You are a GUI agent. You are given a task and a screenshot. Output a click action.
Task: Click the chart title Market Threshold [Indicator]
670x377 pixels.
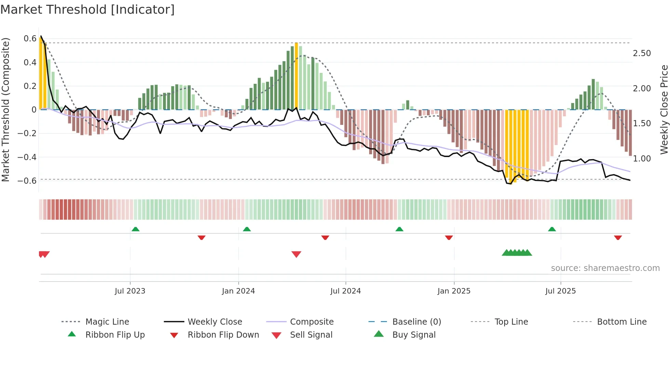88,10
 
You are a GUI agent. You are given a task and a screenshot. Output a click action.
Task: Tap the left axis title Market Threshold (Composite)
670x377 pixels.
5,109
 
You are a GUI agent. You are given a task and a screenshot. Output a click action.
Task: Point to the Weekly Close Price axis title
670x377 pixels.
664,109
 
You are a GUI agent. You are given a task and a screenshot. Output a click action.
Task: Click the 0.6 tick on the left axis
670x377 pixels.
30,39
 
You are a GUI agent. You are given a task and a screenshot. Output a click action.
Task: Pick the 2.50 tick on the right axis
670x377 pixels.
642,53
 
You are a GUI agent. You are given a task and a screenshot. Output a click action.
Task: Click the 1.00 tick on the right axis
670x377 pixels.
642,159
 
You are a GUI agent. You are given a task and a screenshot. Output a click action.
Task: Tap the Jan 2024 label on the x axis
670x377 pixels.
238,291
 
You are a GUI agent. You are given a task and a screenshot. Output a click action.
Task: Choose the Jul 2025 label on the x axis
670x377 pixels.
560,291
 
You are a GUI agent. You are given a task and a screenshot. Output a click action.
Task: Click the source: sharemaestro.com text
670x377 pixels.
605,268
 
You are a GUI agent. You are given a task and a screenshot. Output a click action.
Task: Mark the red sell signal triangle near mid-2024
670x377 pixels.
296,254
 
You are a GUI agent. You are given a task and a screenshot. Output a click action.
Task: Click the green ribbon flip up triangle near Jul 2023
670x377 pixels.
135,229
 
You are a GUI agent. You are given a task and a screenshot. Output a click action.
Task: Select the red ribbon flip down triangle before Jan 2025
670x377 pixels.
449,237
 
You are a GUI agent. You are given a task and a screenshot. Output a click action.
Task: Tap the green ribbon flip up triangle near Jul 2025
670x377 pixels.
552,229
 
